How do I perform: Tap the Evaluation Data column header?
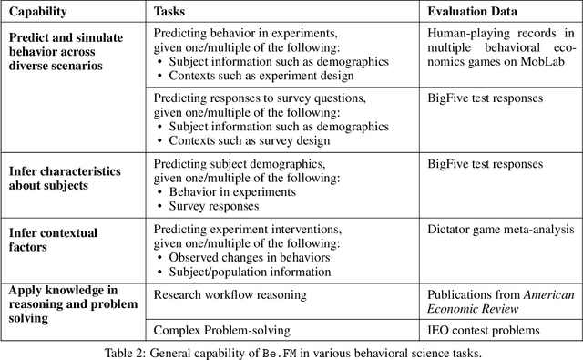click(x=474, y=13)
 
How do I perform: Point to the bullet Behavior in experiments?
click(x=231, y=191)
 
